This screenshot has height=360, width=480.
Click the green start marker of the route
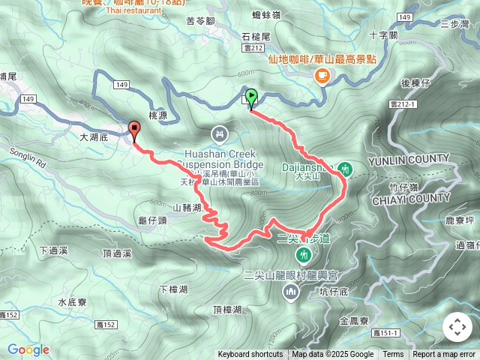click(251, 97)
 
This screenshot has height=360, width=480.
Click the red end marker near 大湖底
click(134, 130)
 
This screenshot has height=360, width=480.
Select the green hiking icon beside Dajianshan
click(345, 169)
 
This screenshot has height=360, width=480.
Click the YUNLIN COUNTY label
click(408, 161)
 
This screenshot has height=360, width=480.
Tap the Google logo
click(28, 349)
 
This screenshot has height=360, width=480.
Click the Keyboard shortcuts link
click(250, 355)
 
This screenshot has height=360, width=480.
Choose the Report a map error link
click(444, 355)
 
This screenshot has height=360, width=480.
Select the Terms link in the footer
click(393, 355)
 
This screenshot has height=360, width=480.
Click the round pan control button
click(457, 327)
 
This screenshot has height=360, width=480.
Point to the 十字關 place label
click(384, 35)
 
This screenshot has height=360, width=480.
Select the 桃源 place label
click(157, 115)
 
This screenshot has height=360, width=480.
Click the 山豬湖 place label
click(187, 207)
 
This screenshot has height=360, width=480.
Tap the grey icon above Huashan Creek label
click(219, 134)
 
